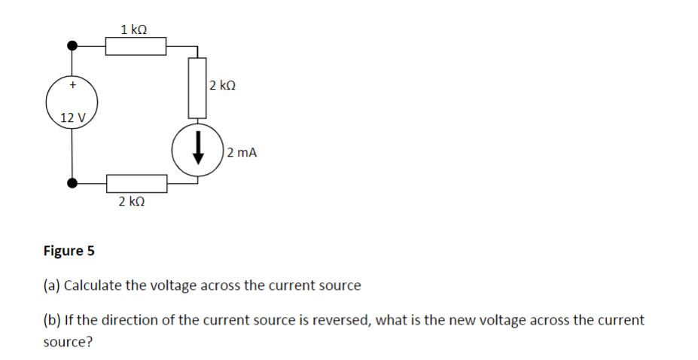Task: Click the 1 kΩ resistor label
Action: pos(133,29)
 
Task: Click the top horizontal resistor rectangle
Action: pos(136,47)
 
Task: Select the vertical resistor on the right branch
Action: pos(197,87)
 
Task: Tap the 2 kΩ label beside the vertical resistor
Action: pos(223,86)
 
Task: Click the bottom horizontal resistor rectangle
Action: pos(136,183)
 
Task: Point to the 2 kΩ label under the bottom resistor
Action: pos(132,202)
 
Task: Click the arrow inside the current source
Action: pos(197,150)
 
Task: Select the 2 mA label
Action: pos(242,152)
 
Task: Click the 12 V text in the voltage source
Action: pos(73,117)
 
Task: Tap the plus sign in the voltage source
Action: pos(72,86)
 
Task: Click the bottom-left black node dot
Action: pos(72,183)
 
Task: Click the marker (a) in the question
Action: pos(52,286)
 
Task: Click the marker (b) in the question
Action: pos(52,320)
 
